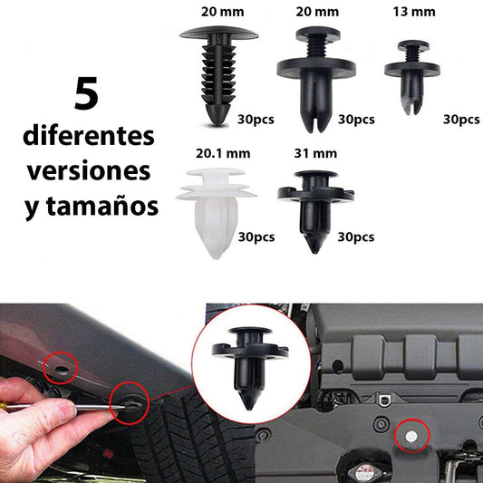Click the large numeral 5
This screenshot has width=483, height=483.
pos(86,93)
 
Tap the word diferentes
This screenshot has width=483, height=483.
pos(89,136)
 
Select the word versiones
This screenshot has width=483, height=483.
pos(89,171)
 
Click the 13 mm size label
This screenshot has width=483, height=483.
pos(414,12)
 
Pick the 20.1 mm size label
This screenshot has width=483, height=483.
pos(223,153)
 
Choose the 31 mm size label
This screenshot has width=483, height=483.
pos(315,153)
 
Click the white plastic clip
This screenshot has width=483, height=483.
pos(217,213)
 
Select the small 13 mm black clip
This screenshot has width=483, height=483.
pos(411,77)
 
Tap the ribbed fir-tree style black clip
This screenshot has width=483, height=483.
pos(218,75)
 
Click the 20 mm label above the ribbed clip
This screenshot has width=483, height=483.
pos(222,12)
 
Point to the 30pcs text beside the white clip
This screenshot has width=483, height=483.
pos(256,237)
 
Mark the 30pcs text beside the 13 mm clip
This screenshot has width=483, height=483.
pos(461,120)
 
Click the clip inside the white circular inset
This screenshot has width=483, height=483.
pos(250,368)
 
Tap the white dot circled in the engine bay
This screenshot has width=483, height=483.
pos(411,436)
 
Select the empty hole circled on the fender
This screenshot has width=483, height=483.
pos(62,369)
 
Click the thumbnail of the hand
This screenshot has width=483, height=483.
pos(66,411)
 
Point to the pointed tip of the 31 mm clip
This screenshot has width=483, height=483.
pos(314,252)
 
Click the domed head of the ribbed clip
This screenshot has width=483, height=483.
pos(218,33)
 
